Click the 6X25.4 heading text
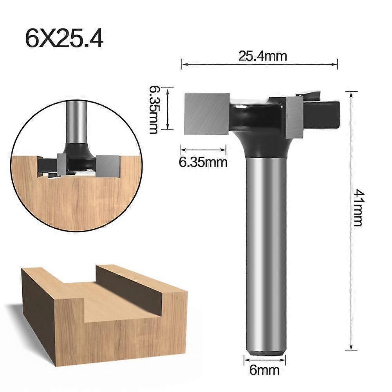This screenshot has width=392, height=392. click(64, 38)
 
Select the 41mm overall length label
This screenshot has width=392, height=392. click(358, 208)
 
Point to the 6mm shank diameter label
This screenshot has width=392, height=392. click(264, 370)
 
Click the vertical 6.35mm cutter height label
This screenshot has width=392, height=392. click(154, 110)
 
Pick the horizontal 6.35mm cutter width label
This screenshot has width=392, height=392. click(203, 162)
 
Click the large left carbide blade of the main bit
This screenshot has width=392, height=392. click(207, 114)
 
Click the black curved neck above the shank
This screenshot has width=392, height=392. click(260, 140)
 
